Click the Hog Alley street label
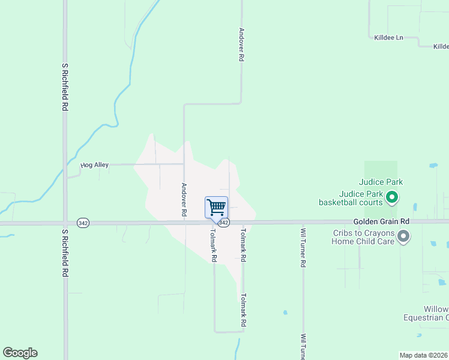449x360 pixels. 95,164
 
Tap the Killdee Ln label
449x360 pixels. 387,37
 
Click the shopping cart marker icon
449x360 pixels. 216,207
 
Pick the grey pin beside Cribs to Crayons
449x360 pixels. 403,237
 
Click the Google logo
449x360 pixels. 20,353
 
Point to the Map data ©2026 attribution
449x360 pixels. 423,355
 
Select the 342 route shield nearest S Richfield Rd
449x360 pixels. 82,223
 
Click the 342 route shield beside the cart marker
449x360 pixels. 223,223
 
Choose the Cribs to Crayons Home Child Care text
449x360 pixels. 364,237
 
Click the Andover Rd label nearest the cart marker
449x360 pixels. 184,200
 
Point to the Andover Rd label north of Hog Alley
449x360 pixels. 241,45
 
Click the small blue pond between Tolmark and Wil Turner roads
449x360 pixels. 285,312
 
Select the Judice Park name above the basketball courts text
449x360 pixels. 381,182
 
